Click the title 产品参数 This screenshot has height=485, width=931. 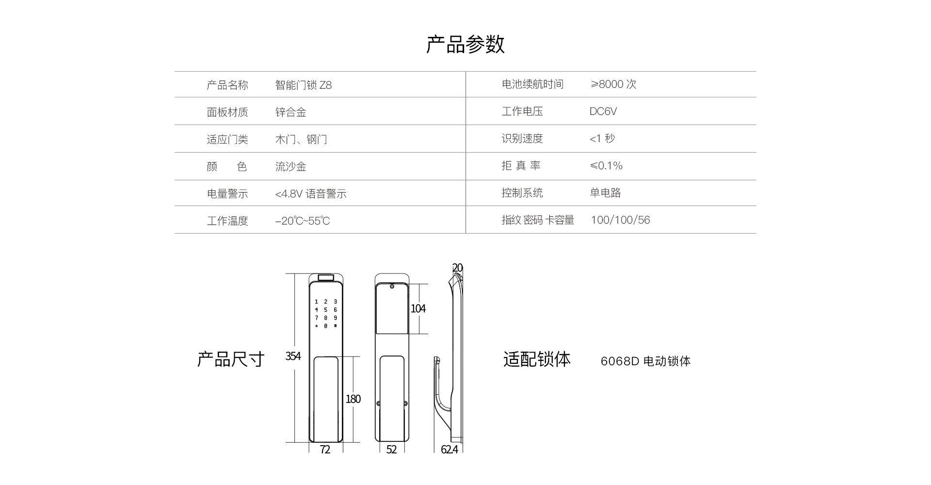[465, 44]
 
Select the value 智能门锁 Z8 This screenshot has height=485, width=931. [304, 85]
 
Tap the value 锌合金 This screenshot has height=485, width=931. [291, 113]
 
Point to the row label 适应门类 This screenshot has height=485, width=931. [227, 140]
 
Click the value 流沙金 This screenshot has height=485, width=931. [291, 167]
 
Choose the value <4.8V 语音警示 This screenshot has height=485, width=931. [311, 194]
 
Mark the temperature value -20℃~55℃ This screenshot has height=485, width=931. [303, 221]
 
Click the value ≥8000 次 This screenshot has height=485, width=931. [613, 84]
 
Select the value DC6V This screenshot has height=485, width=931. [603, 112]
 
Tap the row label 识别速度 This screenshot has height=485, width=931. [522, 139]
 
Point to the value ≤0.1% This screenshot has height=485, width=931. [606, 166]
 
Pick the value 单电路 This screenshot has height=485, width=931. [606, 193]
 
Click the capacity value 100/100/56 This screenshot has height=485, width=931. [620, 220]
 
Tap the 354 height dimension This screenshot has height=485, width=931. [293, 356]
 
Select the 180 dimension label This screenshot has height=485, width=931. [353, 399]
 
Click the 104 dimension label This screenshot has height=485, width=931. [418, 308]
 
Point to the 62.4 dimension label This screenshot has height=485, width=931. [449, 450]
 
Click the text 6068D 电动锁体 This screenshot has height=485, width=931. [645, 361]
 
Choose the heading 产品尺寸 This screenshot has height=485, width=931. [231, 359]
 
